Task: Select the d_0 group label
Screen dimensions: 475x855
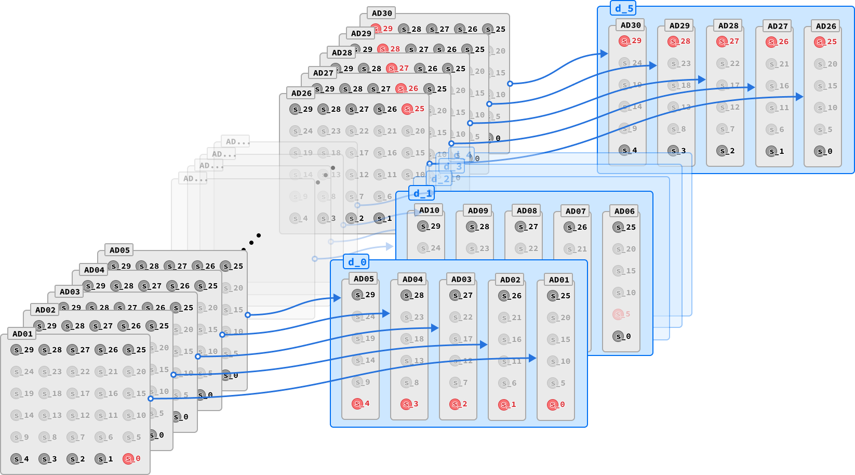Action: coord(357,262)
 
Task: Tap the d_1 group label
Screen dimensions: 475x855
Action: coord(422,193)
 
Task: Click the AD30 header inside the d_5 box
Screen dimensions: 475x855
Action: coord(631,25)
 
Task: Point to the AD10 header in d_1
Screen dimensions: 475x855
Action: coord(429,210)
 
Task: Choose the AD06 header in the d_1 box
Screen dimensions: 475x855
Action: coord(624,211)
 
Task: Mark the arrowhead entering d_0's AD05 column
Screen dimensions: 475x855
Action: coord(338,298)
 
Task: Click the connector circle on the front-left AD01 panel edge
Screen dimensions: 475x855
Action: coord(151,399)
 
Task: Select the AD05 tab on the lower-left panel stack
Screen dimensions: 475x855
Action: coord(119,250)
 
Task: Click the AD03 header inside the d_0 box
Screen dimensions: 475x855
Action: coord(461,279)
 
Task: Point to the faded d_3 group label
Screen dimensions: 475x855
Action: coord(452,166)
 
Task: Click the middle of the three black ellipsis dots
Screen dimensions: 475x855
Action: coord(251,243)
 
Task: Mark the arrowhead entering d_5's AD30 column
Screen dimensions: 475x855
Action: coord(605,54)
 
